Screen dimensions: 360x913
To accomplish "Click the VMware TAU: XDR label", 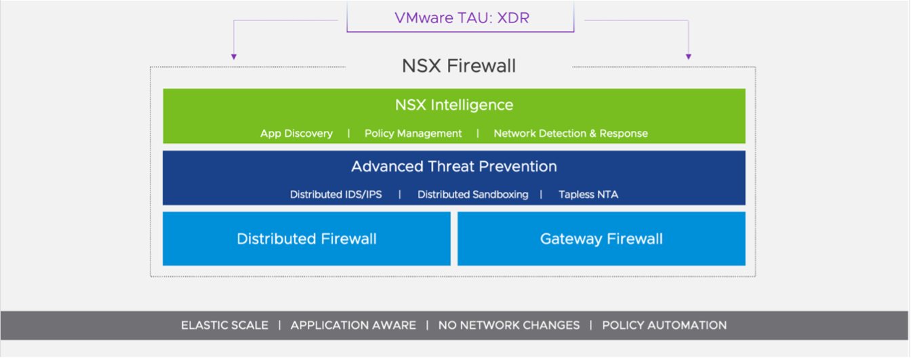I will pos(462,18).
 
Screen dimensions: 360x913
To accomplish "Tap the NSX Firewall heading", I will pos(459,66).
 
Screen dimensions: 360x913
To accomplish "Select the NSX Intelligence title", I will pos(454,105).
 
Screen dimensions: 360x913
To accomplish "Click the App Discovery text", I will pos(296,134).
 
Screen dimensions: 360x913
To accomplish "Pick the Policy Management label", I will pos(413,134).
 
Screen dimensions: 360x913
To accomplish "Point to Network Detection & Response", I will pos(570,134).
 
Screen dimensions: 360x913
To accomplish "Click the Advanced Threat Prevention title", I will pos(454,166).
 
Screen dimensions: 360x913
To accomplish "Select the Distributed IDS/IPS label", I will pos(336,195).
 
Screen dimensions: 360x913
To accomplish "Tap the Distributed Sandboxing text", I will pos(472,195).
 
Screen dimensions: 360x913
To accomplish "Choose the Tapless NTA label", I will pos(588,195).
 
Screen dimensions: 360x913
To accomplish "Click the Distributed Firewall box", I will pos(306,239).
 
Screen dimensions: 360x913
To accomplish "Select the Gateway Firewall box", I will pos(601,239).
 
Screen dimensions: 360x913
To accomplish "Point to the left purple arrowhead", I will pos(233,57).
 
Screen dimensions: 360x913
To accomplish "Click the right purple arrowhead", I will pos(688,57).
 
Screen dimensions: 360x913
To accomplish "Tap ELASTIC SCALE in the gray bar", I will pos(224,325).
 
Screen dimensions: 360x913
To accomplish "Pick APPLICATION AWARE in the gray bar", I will pos(353,325).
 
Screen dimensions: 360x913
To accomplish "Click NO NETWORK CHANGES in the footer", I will pos(508,325).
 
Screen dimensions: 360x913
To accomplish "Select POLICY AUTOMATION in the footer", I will pos(664,325).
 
